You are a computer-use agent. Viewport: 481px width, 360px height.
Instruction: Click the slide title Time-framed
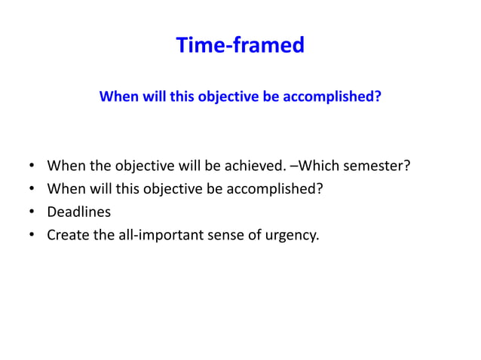(x=240, y=45)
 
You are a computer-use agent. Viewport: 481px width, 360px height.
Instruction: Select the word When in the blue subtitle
(x=119, y=97)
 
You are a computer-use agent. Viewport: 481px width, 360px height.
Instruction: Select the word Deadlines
(x=78, y=212)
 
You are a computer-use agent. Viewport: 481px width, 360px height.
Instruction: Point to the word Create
(x=67, y=235)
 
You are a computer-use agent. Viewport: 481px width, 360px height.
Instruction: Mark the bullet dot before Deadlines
(x=32, y=212)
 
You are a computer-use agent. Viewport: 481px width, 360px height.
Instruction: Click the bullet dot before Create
(x=32, y=236)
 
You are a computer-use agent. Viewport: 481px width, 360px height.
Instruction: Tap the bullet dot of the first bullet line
(x=32, y=166)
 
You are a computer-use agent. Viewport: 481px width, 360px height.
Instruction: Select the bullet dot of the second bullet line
(x=32, y=189)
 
